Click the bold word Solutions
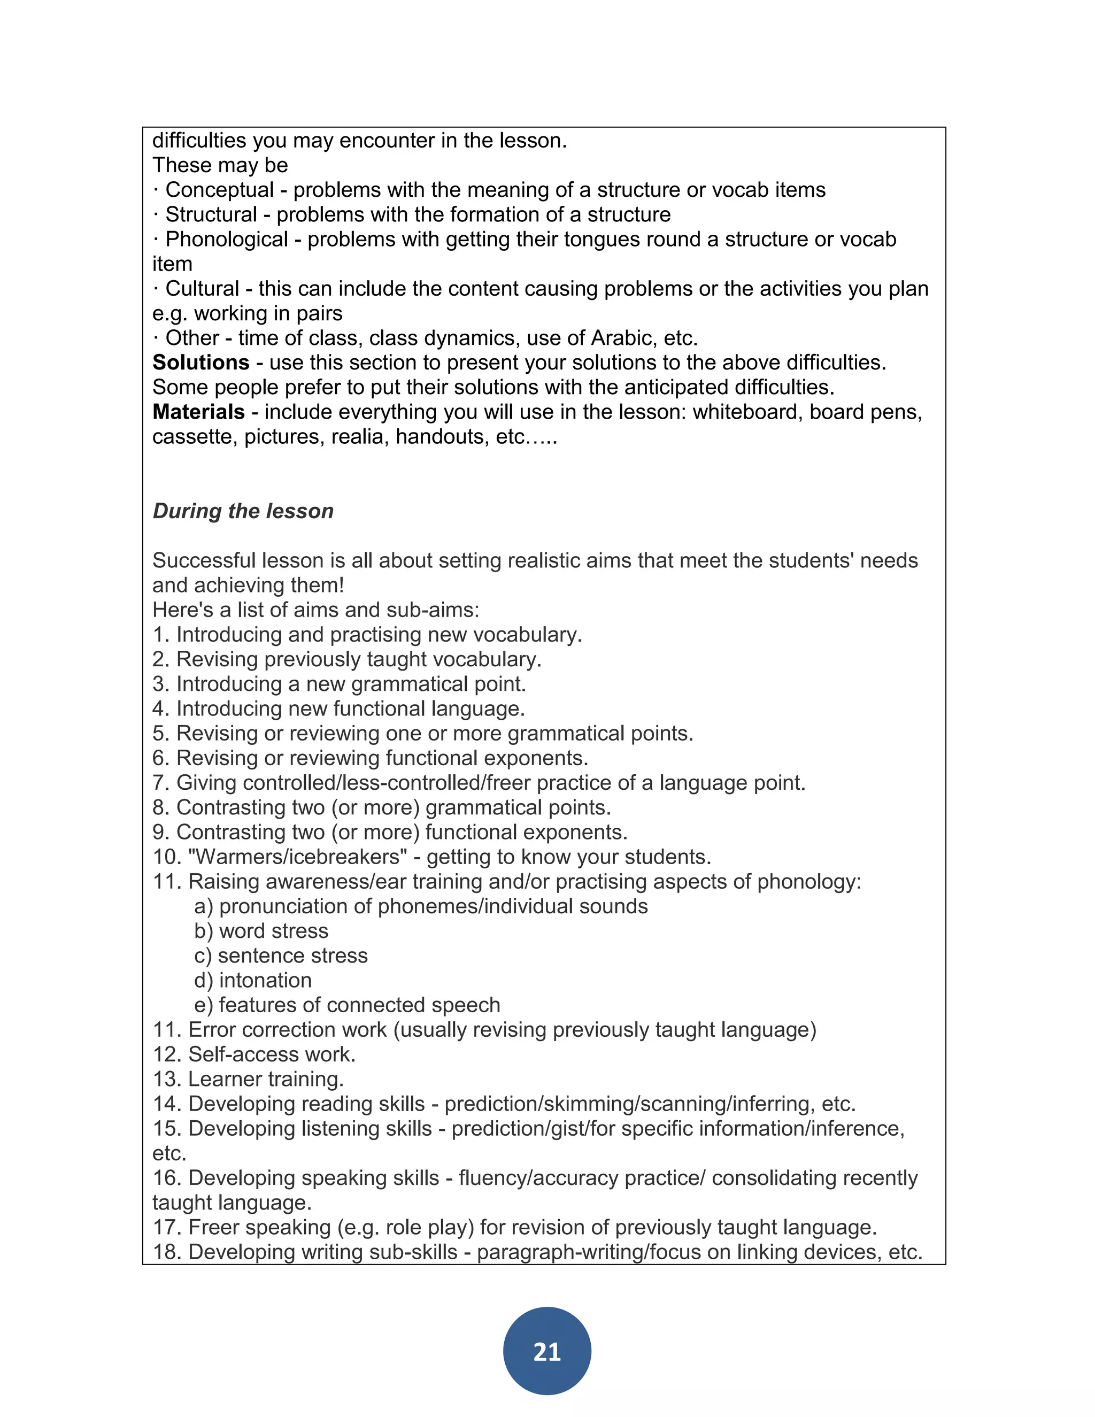[x=201, y=363]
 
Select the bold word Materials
[x=198, y=412]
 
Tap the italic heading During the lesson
[x=243, y=511]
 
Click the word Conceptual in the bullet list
[x=219, y=190]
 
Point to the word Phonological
[x=226, y=240]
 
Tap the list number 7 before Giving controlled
[x=160, y=783]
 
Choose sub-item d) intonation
[x=253, y=980]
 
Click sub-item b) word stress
[x=261, y=931]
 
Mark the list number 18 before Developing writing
[x=167, y=1252]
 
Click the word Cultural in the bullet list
[x=203, y=289]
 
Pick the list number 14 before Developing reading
[x=167, y=1104]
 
